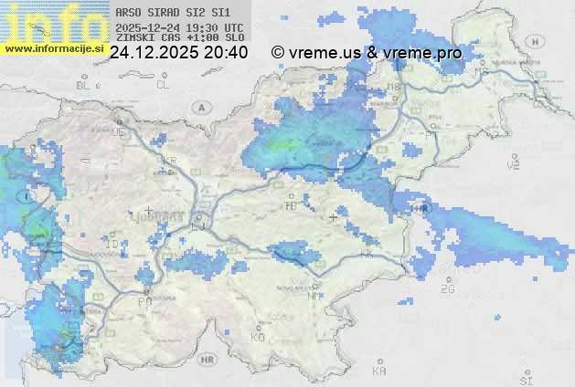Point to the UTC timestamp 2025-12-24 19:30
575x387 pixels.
(179, 27)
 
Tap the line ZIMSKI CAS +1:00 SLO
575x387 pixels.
(179, 38)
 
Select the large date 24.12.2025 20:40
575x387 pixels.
(178, 53)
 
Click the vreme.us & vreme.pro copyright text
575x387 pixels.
(367, 53)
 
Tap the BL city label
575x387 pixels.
(85, 85)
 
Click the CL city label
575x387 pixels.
(164, 85)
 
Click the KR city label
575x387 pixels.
(169, 162)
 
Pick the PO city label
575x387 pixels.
(144, 300)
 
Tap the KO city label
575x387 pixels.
(258, 337)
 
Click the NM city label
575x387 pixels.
(314, 295)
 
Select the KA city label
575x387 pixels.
(379, 371)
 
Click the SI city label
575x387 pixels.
(525, 379)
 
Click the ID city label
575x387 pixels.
(112, 245)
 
